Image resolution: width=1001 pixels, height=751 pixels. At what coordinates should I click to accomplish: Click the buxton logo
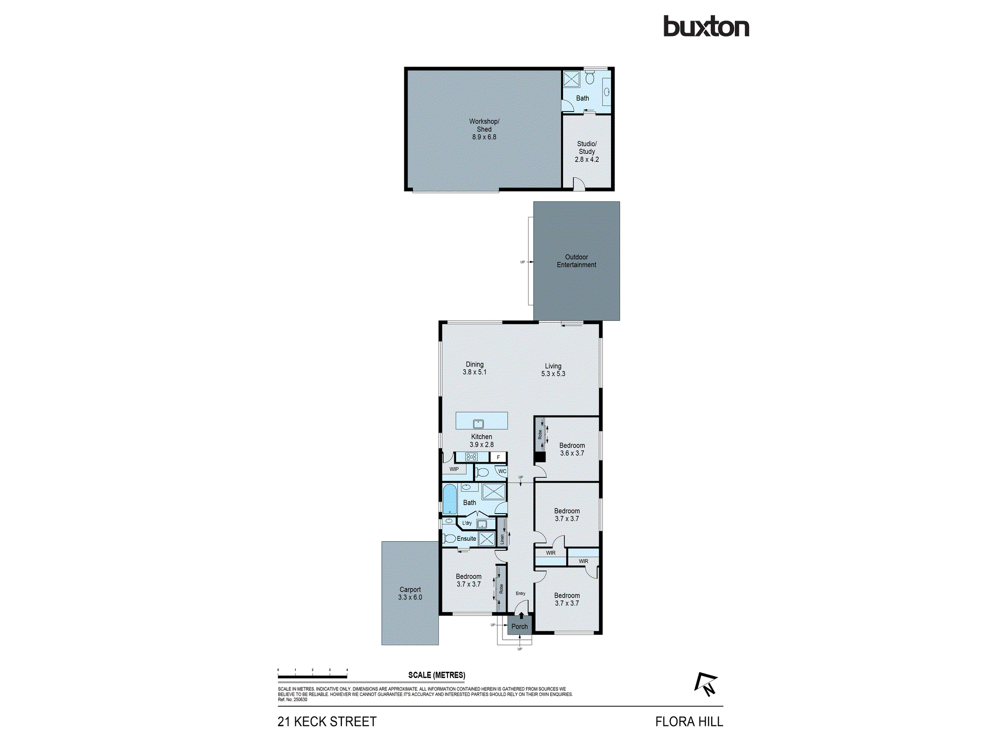pos(706,27)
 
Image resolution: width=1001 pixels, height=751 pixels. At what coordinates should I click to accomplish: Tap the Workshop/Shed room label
pos(484,129)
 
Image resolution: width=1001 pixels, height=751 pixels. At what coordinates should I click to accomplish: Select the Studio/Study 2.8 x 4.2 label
pos(587,151)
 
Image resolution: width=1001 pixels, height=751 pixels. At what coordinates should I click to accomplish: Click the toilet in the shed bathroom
pos(590,78)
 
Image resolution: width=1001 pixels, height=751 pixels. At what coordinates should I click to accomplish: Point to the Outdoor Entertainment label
pos(576,261)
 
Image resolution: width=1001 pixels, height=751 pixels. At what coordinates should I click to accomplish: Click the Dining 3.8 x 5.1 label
pos(474,368)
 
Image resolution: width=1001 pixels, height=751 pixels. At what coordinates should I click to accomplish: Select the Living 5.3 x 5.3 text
pos(553,369)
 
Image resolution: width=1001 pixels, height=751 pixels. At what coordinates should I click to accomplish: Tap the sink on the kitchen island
pos(478,424)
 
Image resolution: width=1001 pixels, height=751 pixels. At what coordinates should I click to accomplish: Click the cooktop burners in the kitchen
pos(471,457)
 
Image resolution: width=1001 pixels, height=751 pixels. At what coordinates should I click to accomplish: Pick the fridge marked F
pos(498,457)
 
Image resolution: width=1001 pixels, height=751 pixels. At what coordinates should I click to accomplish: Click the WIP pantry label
pos(454,469)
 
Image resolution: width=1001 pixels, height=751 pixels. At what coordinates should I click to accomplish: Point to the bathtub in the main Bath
pos(449,499)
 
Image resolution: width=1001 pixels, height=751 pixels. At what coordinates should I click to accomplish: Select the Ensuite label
pos(466,539)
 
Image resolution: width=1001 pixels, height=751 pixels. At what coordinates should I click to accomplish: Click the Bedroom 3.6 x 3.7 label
pos(572,449)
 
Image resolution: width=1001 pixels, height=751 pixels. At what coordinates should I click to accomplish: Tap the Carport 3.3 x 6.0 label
pos(410,593)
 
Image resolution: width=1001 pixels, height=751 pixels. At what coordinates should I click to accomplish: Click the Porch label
pos(520,626)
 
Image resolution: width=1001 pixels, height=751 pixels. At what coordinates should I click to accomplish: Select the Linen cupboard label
pos(502,539)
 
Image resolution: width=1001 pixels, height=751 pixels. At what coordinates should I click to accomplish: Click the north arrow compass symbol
pos(706,684)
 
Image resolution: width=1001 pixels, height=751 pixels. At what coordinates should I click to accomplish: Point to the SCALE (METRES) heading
pos(436,675)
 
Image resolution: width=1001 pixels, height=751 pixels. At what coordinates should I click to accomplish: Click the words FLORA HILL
pos(689,721)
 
